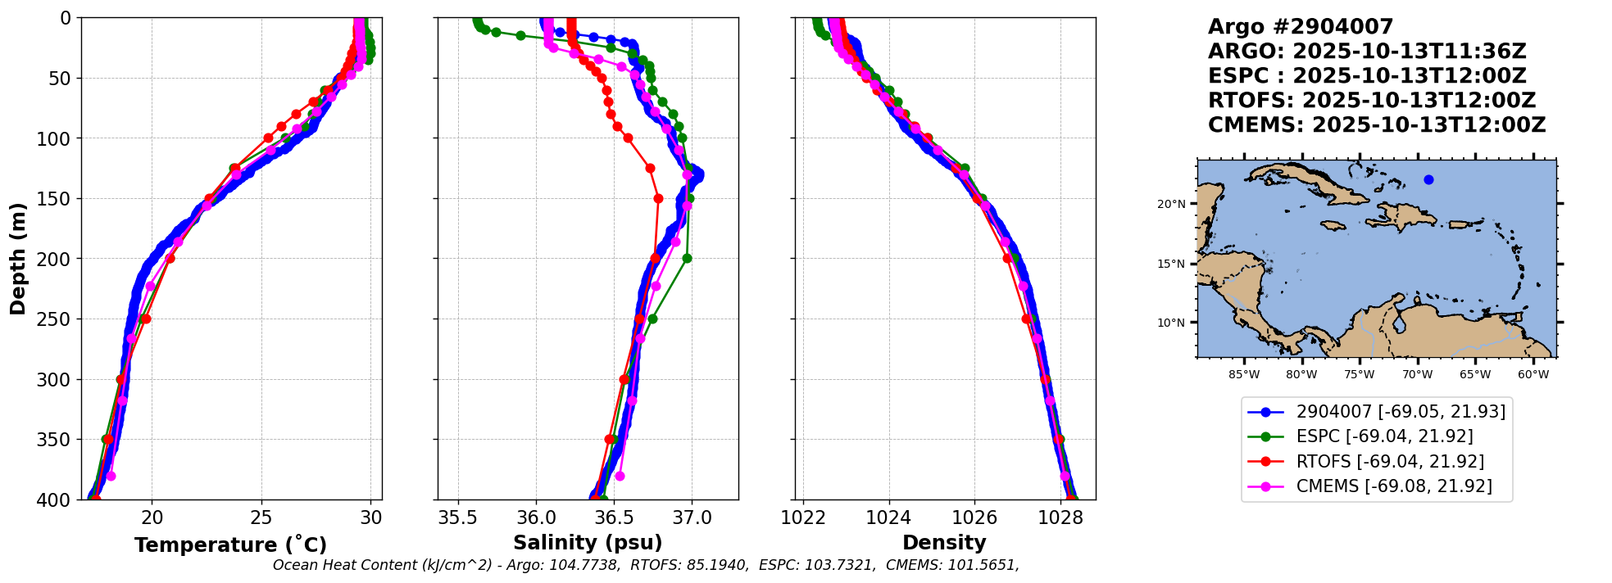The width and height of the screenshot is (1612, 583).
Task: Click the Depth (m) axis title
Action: tap(17, 259)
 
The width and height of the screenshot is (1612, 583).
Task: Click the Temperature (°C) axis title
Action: tap(230, 545)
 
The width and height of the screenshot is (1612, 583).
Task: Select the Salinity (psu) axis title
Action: tap(588, 543)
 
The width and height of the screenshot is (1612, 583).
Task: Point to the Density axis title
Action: tap(944, 543)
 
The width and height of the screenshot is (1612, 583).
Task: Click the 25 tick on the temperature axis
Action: tap(261, 517)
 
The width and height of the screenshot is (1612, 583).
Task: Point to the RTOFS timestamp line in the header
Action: tap(1372, 101)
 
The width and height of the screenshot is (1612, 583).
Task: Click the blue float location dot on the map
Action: tap(1428, 179)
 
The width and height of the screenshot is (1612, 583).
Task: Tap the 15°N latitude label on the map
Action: tap(1171, 264)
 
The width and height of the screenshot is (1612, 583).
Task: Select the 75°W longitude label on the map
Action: tap(1359, 375)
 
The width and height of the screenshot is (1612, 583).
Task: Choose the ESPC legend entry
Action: tap(1384, 436)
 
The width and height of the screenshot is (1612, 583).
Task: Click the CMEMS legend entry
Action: tap(1393, 486)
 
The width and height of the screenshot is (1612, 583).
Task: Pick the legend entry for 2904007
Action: tap(1401, 412)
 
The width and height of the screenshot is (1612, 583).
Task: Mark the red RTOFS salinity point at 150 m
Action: tap(658, 198)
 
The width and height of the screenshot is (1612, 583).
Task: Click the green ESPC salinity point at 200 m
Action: tap(687, 259)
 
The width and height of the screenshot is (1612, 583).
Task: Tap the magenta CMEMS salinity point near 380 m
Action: tap(620, 476)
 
